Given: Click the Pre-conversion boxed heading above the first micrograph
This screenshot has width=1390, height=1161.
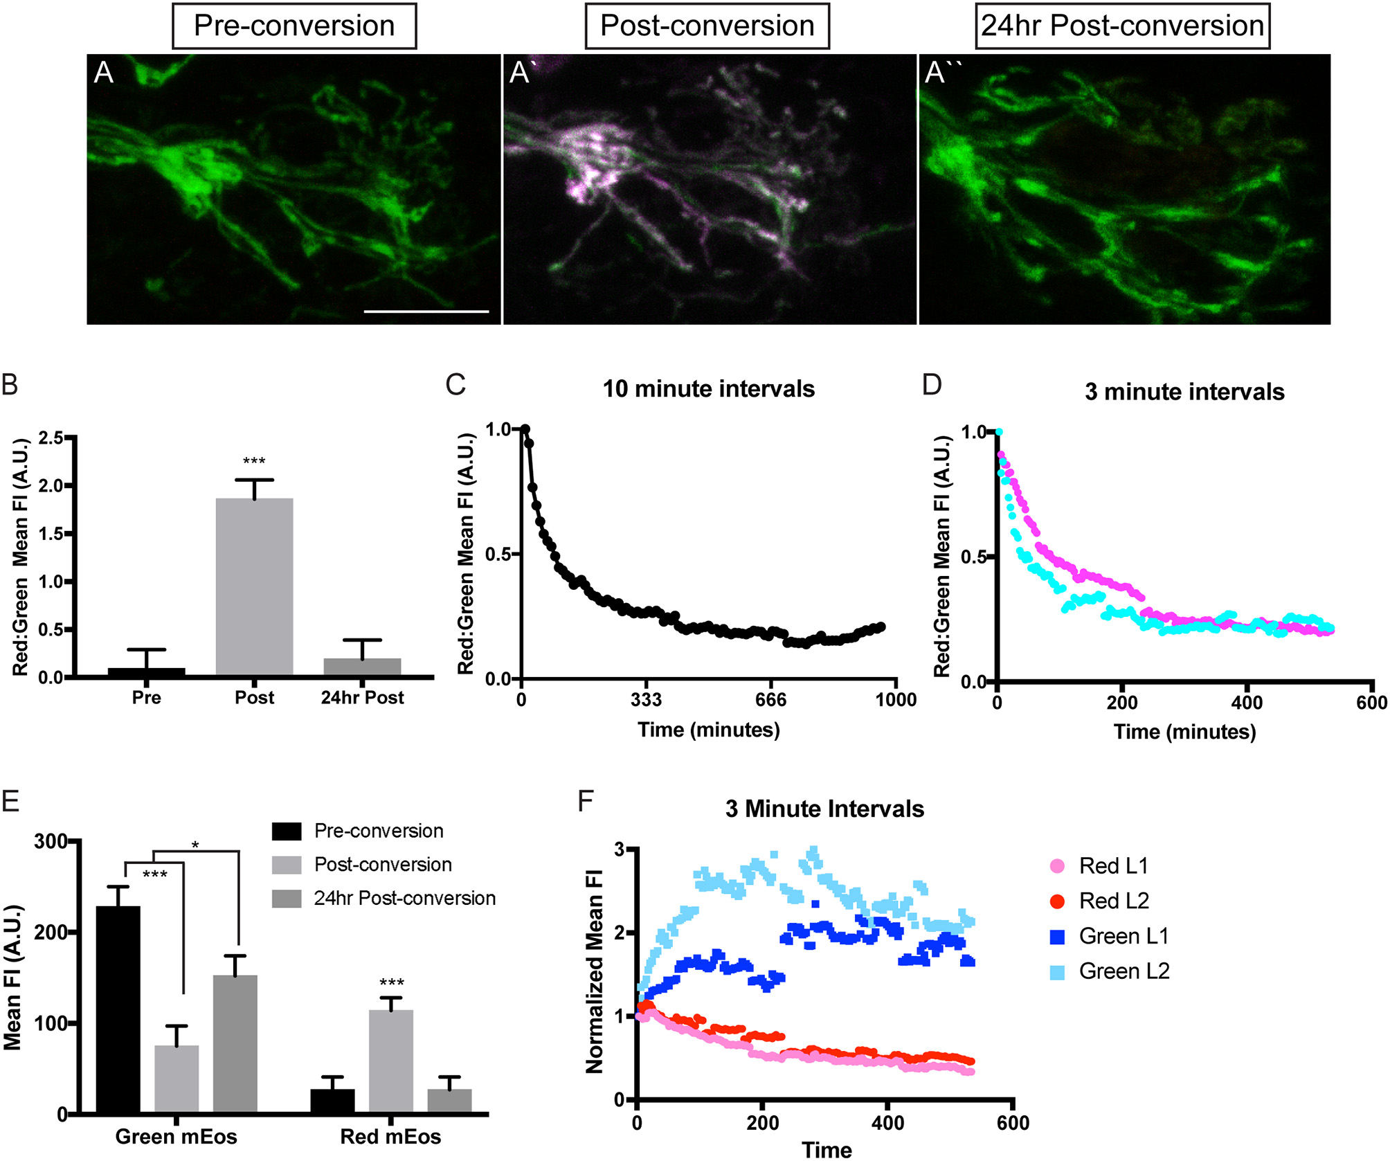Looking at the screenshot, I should (294, 26).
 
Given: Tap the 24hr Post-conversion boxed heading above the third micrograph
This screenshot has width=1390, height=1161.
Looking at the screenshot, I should (1122, 26).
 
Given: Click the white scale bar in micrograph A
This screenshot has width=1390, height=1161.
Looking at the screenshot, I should (426, 312).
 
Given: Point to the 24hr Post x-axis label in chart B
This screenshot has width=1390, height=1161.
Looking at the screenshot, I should (362, 698).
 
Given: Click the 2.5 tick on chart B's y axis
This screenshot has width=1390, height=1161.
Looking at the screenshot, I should (51, 438).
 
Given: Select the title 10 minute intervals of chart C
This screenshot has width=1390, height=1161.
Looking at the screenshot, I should (708, 389).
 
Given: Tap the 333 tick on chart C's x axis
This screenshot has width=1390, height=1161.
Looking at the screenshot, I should (645, 700).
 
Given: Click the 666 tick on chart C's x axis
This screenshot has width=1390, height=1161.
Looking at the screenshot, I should (770, 700).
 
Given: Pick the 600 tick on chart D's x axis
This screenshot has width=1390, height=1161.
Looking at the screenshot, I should (1371, 703).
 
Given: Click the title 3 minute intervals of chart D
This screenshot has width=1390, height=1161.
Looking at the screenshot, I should (1184, 392).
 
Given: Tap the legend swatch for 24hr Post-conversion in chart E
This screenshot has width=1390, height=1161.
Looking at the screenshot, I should (287, 899).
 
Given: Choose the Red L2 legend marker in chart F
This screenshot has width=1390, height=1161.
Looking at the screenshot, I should (1057, 901).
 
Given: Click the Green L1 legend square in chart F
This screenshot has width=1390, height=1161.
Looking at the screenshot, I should (1057, 937).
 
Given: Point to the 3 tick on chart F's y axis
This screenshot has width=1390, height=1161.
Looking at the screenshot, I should (620, 849).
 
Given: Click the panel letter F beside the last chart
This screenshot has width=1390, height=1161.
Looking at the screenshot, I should (586, 802).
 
